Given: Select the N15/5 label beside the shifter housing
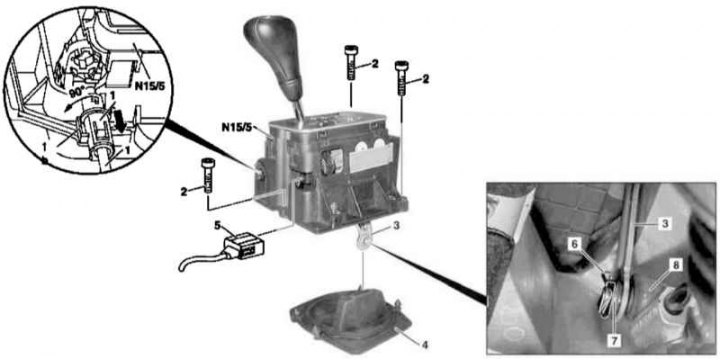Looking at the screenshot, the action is click(236, 127).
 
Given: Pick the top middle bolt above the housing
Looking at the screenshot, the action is click(351, 62).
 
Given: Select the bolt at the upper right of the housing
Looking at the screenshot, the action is click(402, 78).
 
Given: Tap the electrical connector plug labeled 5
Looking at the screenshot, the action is click(243, 244).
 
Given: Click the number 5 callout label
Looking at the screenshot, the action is click(218, 225).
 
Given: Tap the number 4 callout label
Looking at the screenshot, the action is click(425, 343).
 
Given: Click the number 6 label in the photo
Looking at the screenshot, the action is click(573, 246).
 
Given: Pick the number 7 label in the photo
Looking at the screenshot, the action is click(615, 340).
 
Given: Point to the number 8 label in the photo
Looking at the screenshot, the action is click(678, 265).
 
